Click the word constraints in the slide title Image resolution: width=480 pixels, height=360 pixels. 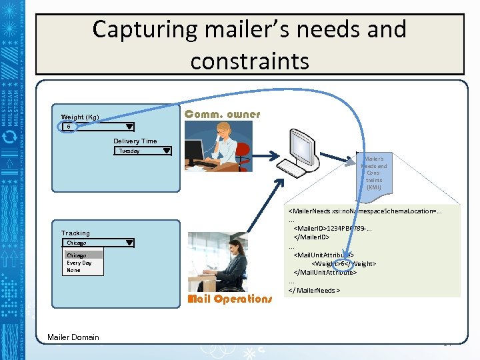(x=249, y=61)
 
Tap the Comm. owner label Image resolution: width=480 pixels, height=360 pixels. (x=222, y=115)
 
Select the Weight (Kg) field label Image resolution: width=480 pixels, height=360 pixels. (x=80, y=117)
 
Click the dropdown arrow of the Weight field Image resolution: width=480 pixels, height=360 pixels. (x=129, y=126)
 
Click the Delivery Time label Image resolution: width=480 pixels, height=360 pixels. (x=135, y=141)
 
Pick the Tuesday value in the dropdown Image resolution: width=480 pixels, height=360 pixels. (x=129, y=151)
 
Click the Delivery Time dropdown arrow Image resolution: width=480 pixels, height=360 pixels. (x=167, y=151)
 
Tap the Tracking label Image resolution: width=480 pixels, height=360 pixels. (x=75, y=233)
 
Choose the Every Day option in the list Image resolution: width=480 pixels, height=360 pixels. (x=79, y=263)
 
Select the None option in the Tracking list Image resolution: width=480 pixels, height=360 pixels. (x=73, y=270)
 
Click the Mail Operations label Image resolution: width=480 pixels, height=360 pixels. (x=230, y=299)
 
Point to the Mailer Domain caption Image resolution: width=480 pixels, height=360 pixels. (x=73, y=337)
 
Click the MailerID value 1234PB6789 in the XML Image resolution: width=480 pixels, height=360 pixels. (x=346, y=228)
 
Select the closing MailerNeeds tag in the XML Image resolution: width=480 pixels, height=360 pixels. (x=314, y=290)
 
